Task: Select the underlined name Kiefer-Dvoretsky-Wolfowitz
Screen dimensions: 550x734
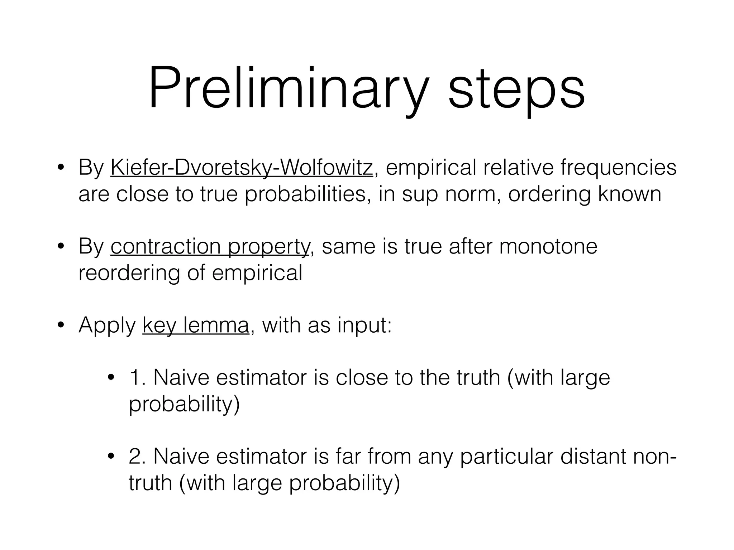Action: click(x=242, y=168)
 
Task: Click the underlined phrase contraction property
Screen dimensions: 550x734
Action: click(x=210, y=247)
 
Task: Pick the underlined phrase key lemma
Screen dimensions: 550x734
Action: click(x=195, y=325)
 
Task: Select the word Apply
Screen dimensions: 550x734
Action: click(x=107, y=325)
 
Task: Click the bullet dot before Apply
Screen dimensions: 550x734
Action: click(x=61, y=325)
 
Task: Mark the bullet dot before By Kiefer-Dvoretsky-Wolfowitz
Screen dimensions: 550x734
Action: click(x=61, y=168)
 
